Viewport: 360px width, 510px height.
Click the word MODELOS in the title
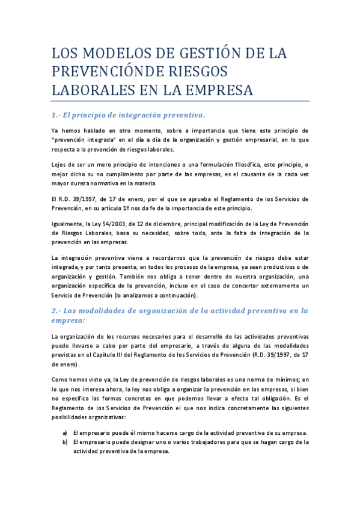click(x=113, y=54)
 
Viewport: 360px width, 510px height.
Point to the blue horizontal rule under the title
click(x=180, y=101)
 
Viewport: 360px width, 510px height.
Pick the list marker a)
click(x=65, y=433)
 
